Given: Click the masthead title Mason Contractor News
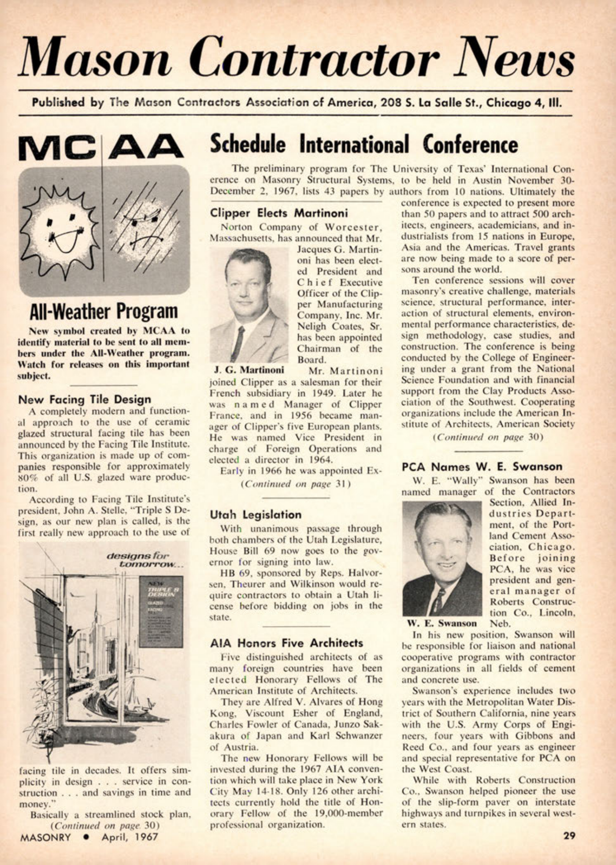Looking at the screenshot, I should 296,56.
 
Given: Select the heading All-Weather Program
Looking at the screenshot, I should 104,312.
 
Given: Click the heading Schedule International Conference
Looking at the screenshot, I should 364,144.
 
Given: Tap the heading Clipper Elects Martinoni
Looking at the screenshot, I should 279,213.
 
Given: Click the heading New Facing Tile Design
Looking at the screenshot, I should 85,399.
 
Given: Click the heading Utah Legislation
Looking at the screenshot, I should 256,515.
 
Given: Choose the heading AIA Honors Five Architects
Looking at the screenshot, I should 286,643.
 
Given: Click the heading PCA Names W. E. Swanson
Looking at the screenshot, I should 482,466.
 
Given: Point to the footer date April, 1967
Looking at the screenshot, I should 130,836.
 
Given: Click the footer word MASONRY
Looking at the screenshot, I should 46,836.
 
